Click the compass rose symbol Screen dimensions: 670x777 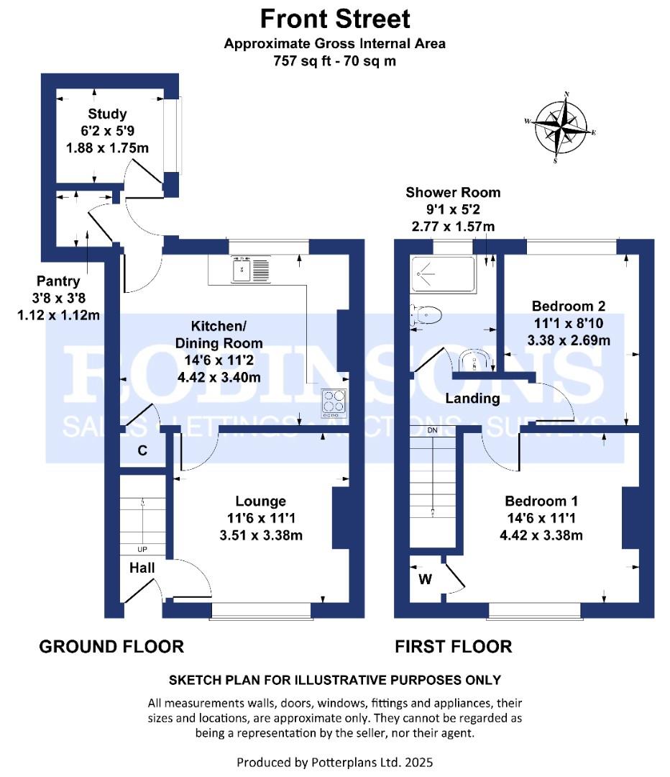click(x=560, y=127)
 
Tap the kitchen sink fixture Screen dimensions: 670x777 click(x=251, y=269)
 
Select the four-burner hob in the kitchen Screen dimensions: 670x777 click(x=334, y=401)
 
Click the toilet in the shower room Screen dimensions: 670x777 click(x=426, y=315)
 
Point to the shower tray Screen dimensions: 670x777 click(x=443, y=274)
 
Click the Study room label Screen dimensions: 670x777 click(x=107, y=114)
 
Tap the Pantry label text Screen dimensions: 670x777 click(x=58, y=281)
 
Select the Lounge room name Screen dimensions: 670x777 click(x=260, y=501)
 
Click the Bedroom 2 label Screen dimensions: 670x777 click(x=569, y=306)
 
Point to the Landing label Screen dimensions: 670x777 click(x=472, y=399)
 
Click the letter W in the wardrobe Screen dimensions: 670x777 click(x=426, y=578)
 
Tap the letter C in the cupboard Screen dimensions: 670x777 click(x=142, y=450)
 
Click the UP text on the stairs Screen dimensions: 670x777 click(x=142, y=550)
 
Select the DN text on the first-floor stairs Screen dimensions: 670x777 click(x=432, y=430)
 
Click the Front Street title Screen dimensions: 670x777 click(x=335, y=19)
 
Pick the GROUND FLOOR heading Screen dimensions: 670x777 click(x=111, y=647)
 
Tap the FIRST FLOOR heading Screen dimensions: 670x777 click(x=453, y=647)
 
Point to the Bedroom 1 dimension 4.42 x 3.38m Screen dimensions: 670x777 click(x=541, y=535)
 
